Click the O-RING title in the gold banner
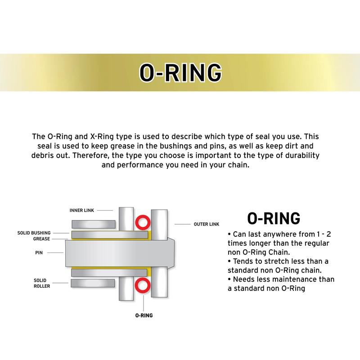point(180,72)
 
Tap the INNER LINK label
point(81,210)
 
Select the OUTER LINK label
point(207,224)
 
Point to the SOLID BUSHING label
point(34,233)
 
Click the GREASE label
point(41,239)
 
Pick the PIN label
point(39,253)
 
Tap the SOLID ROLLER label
point(41,283)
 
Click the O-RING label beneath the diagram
point(144,315)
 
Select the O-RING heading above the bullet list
point(274,218)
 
